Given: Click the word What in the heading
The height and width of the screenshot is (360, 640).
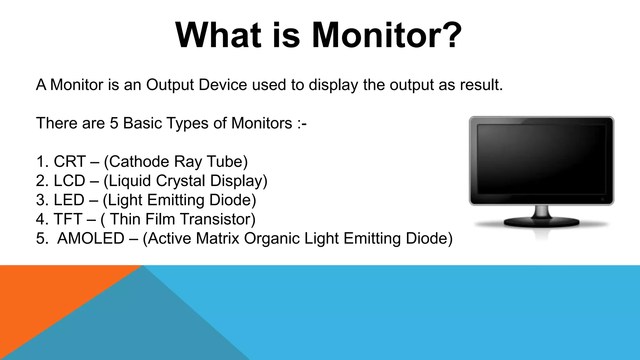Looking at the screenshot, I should [x=218, y=35].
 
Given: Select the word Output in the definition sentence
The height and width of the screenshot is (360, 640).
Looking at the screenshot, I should [x=170, y=85].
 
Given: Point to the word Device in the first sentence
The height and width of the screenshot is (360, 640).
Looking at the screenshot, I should [x=223, y=85].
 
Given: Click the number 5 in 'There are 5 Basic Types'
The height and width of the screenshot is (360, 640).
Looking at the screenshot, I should [x=114, y=123].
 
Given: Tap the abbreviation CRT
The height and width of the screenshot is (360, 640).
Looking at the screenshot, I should [x=69, y=162].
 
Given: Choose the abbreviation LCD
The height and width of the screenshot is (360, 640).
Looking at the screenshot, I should [x=69, y=181].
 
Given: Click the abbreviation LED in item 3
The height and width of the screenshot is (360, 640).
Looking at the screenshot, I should [x=69, y=200].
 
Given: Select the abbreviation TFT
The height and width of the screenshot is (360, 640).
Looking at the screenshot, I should [x=68, y=219].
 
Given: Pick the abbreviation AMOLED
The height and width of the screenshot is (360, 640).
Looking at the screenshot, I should [x=91, y=238].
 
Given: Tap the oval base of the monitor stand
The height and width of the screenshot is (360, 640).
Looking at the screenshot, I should [x=541, y=222].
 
